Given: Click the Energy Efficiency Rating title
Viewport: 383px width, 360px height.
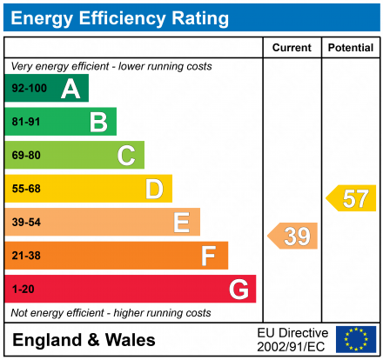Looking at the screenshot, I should pos(121,17).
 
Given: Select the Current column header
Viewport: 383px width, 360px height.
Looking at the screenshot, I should pos(292,48).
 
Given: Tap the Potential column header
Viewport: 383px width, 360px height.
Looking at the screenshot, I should pos(350,48).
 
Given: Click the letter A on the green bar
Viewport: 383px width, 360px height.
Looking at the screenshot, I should pos(71,89).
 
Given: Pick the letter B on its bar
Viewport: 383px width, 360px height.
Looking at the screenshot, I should pos(98,122).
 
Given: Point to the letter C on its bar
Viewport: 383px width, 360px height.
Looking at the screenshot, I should pos(126,156).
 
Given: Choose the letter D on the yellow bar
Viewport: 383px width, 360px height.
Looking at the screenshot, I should pos(154,189).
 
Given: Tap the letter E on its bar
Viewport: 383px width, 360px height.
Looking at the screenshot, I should pos(181,223).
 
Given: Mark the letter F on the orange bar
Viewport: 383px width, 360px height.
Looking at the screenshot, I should pos(209,256).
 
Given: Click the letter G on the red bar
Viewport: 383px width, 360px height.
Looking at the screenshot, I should pos(238,289).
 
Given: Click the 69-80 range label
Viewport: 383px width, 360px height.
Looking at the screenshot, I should pos(26,156).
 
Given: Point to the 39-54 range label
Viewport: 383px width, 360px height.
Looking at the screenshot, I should pos(26,223).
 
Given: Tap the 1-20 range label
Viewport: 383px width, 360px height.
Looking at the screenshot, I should pos(23,289).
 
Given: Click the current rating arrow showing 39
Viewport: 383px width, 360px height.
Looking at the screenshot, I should pos(293,236).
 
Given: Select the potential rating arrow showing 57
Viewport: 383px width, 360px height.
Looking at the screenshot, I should pos(352,198).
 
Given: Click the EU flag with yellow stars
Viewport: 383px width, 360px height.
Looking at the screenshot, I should pos(356,339).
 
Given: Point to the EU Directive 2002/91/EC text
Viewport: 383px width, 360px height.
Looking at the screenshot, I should pos(292,339).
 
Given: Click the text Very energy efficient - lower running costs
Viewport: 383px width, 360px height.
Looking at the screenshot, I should pos(111,66).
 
